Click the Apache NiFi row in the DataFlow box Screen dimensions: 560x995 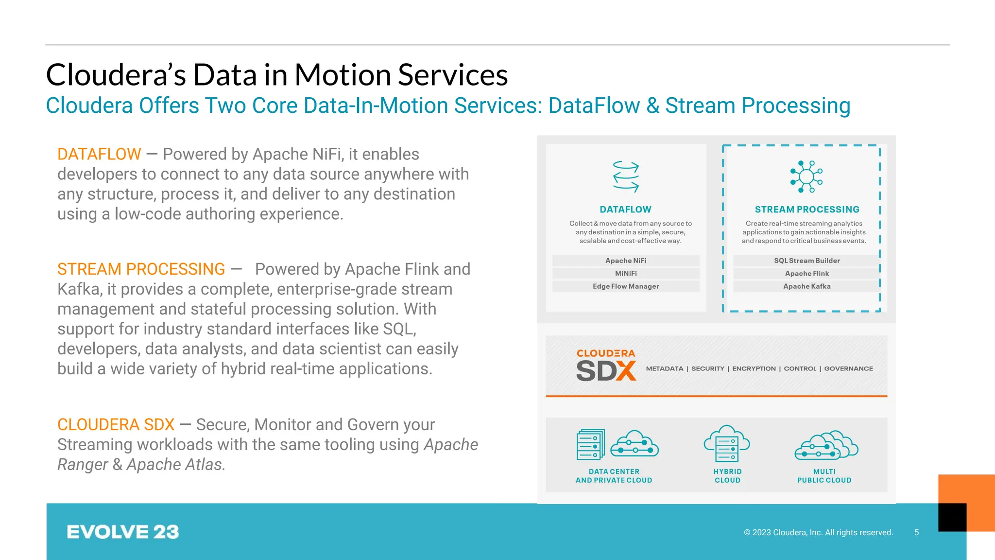[x=626, y=261]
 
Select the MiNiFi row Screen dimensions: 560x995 [x=626, y=274]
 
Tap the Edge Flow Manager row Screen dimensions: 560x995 [x=626, y=286]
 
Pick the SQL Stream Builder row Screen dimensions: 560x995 [x=806, y=261]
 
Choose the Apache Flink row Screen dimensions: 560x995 [x=806, y=274]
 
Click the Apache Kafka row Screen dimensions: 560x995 [x=806, y=286]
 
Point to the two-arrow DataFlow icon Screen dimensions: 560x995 [x=626, y=176]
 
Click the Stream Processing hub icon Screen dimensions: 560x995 [x=806, y=176]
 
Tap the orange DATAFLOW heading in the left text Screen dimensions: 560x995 [x=99, y=154]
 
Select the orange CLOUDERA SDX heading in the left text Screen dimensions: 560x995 [x=116, y=424]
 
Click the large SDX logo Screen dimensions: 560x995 [x=606, y=371]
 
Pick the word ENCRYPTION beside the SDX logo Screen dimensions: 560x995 [x=754, y=368]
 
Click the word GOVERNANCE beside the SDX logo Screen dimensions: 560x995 [x=848, y=368]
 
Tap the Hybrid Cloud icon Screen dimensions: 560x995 [x=727, y=443]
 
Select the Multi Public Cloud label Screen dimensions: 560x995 [x=824, y=476]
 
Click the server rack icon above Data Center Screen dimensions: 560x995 [x=590, y=444]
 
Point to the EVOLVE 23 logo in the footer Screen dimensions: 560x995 [x=122, y=532]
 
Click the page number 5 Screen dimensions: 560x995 [x=916, y=532]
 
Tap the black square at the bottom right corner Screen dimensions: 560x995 [x=952, y=517]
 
